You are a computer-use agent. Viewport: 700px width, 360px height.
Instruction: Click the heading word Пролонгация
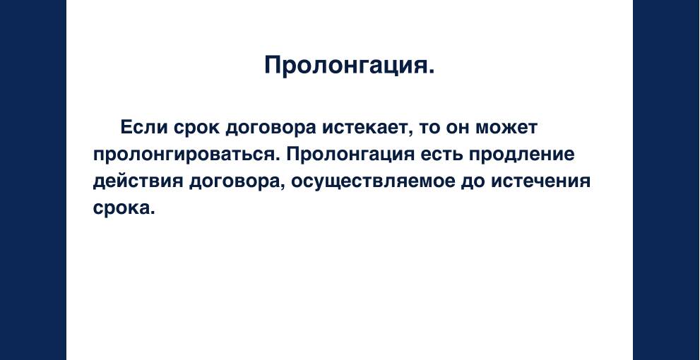349,65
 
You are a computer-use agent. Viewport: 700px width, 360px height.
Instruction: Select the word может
508,128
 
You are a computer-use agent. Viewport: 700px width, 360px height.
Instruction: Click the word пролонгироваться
186,155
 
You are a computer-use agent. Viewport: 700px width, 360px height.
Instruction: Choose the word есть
442,155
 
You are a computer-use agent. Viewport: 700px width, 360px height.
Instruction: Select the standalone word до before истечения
470,181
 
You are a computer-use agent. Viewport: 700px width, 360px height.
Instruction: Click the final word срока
124,208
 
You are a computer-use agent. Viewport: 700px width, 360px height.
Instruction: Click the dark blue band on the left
32,180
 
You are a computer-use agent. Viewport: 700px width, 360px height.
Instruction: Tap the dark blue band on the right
666,180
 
